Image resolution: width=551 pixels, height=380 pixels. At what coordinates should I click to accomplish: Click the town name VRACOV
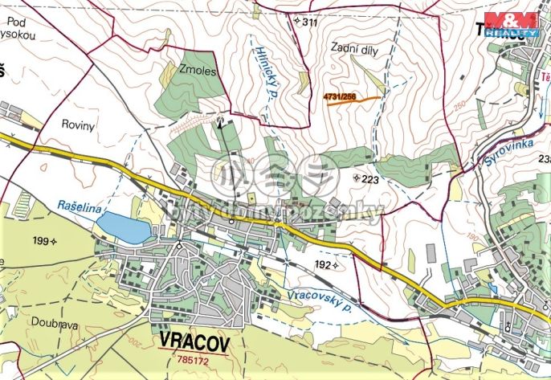pos(194,341)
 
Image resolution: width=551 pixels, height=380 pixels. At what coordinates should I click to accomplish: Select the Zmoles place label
pos(199,71)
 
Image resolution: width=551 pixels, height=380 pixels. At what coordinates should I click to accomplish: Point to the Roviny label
pos(78,125)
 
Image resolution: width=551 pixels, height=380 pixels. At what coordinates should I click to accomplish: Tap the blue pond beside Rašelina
pos(128,227)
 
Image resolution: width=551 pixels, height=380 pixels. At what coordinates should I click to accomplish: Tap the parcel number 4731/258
pos(339,96)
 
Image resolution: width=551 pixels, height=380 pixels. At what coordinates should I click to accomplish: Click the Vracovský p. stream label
pos(319,296)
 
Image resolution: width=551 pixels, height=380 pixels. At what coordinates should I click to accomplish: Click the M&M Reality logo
pos(515,24)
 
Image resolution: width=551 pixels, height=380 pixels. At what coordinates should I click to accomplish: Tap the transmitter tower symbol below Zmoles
pos(220,122)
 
